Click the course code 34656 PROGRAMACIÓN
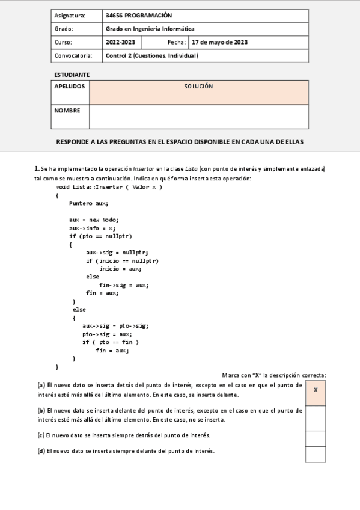(x=138, y=16)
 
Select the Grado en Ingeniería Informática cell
(x=150, y=29)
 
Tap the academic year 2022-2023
(x=120, y=42)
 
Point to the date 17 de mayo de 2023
(x=219, y=42)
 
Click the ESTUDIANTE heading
(x=72, y=75)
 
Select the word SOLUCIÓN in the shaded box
(x=198, y=87)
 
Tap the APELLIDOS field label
(x=70, y=87)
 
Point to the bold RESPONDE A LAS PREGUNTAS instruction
(x=180, y=142)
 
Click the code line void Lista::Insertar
(x=109, y=187)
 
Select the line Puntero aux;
(x=88, y=203)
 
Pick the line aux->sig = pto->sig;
(x=115, y=325)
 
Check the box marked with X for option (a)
(x=316, y=390)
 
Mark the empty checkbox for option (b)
(x=316, y=418)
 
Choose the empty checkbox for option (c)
(x=316, y=438)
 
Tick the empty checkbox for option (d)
(x=316, y=454)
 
